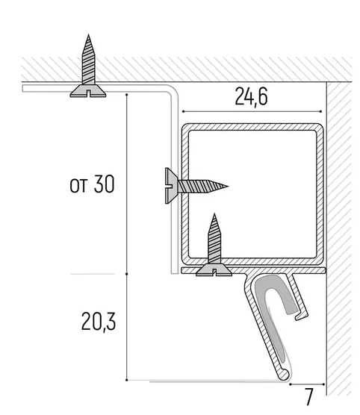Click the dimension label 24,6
[x=251, y=97]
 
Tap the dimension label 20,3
[x=99, y=322]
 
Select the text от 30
[x=92, y=184]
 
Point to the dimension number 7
[x=309, y=397]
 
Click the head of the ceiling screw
[x=88, y=91]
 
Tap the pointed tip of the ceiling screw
[x=88, y=34]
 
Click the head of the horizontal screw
[x=171, y=186]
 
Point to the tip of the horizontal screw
[x=227, y=186]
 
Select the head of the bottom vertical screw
[x=214, y=270]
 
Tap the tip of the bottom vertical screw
[x=214, y=214]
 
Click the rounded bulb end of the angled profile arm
[x=284, y=375]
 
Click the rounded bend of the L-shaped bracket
[x=172, y=90]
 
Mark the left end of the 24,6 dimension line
[x=183, y=112]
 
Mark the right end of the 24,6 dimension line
[x=321, y=112]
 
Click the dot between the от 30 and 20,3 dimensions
[x=127, y=274]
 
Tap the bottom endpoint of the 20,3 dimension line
[x=127, y=380]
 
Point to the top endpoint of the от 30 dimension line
[x=127, y=95]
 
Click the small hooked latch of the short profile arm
[x=302, y=315]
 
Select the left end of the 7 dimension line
[x=291, y=384]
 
